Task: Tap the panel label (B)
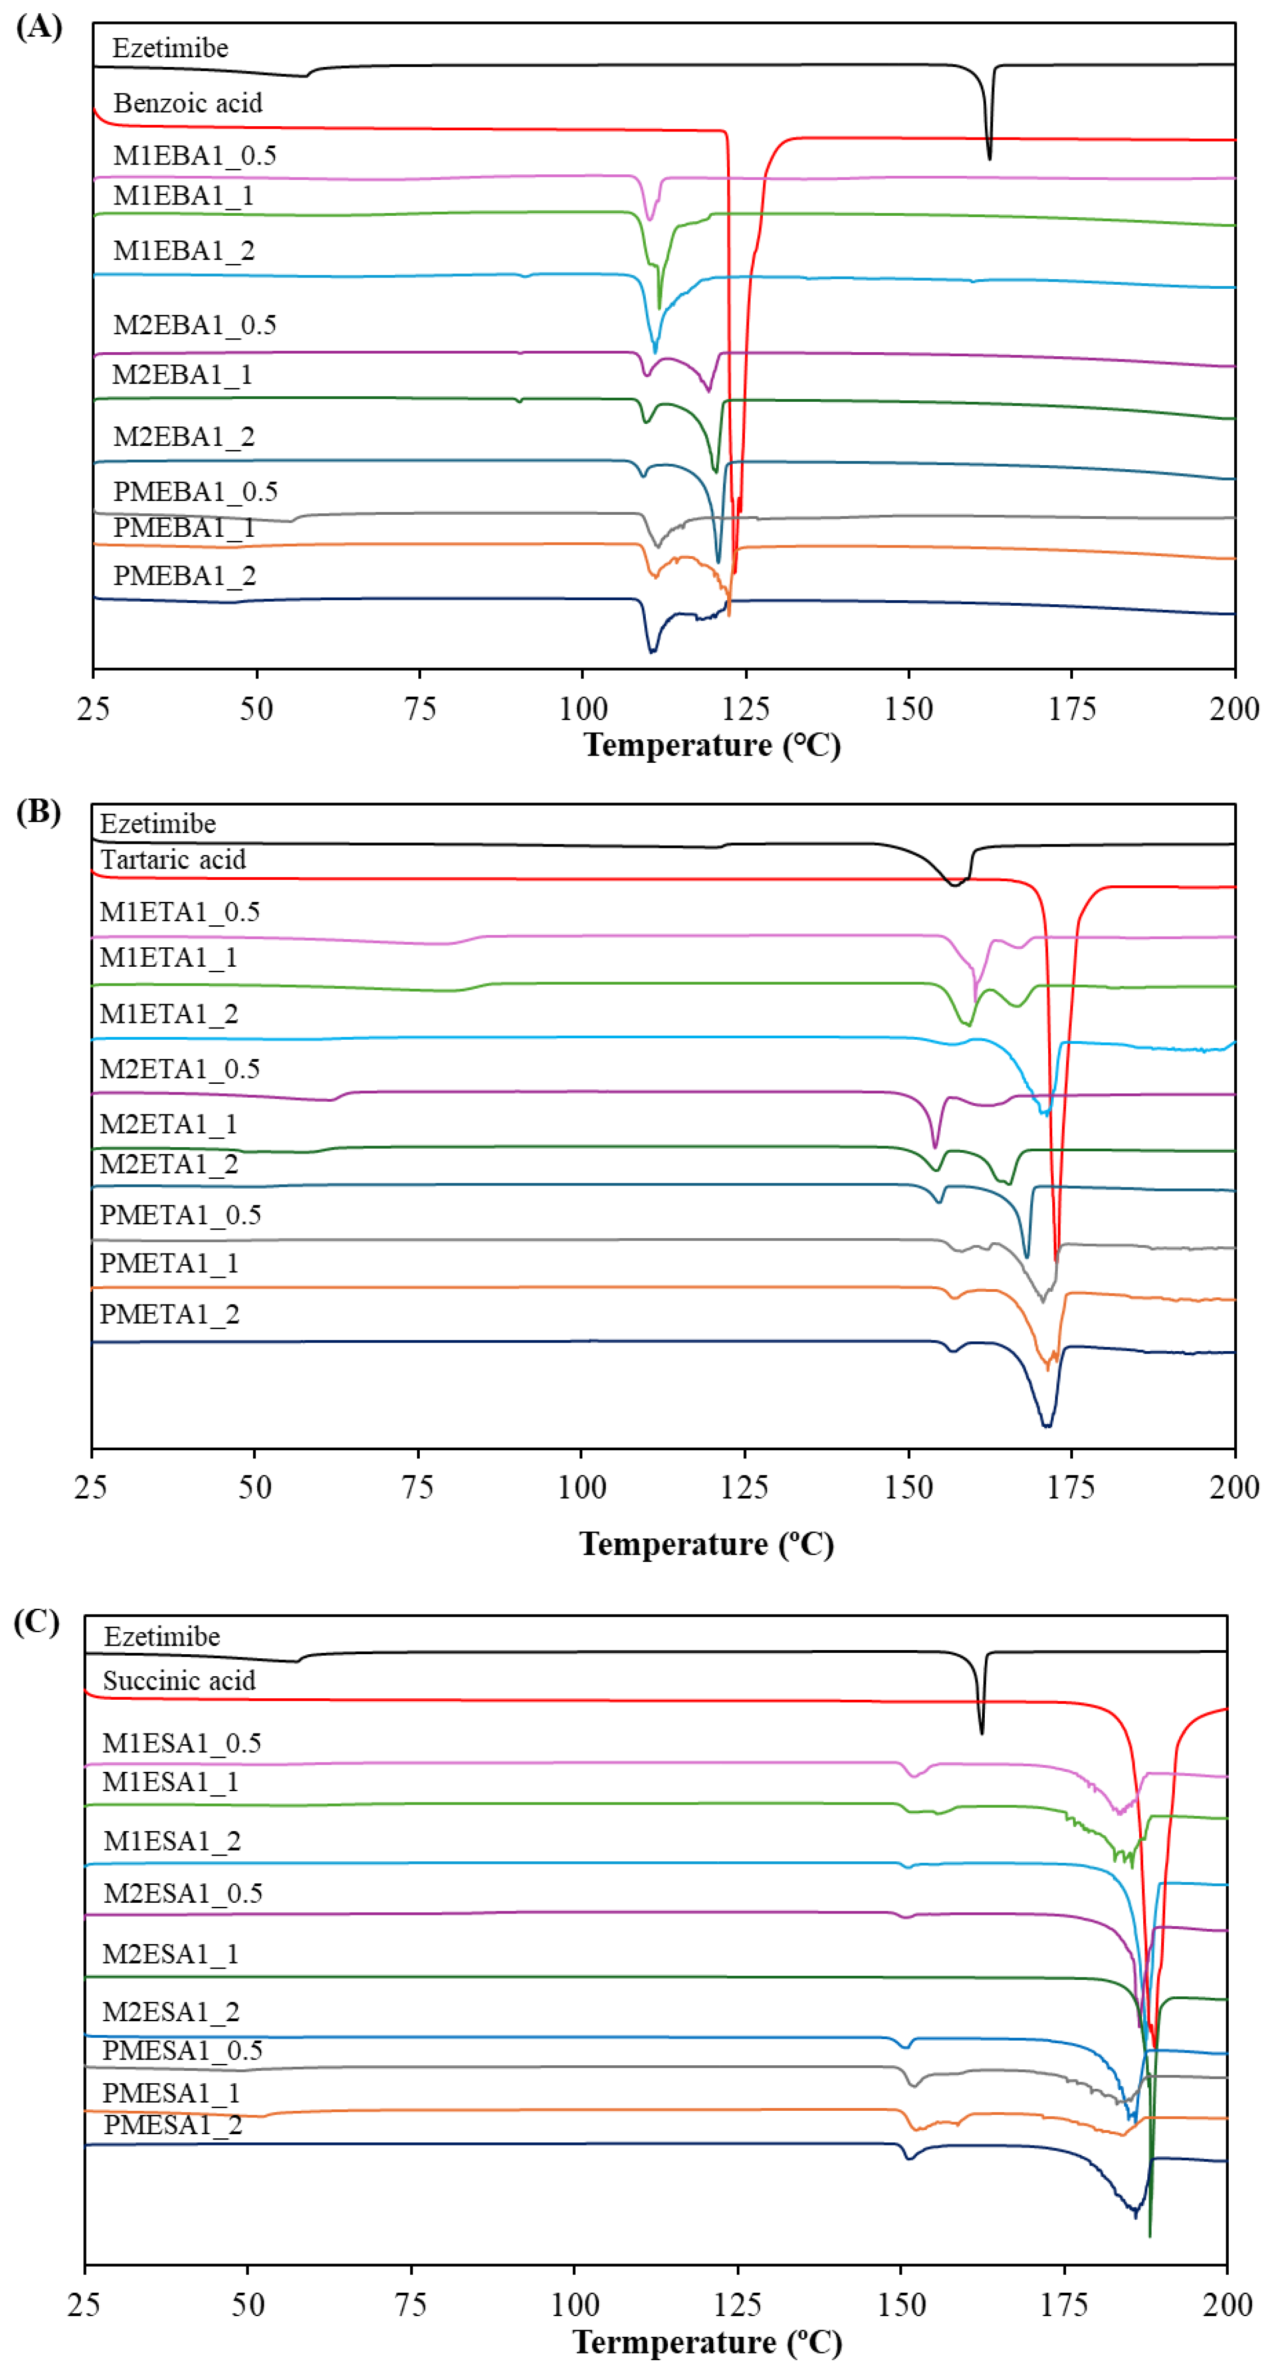click(x=39, y=812)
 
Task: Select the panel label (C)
click(x=37, y=1622)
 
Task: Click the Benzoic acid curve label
click(x=187, y=103)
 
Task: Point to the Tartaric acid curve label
click(x=172, y=859)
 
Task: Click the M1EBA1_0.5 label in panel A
click(x=194, y=156)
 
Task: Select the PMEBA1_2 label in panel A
click(x=184, y=576)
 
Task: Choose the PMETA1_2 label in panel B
click(x=170, y=1314)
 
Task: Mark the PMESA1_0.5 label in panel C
click(x=183, y=2050)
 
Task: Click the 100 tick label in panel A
click(x=582, y=710)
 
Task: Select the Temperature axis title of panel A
click(x=712, y=744)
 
